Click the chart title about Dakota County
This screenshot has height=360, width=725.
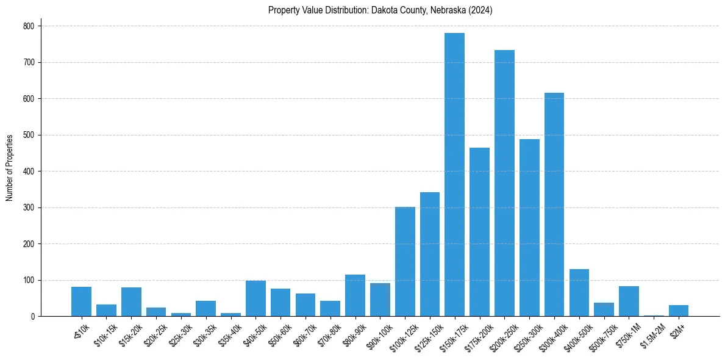point(380,10)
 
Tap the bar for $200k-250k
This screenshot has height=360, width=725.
point(504,183)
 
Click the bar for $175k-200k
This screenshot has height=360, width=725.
point(479,232)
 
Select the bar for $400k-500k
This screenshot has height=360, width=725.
point(579,293)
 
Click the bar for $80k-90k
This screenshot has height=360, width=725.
point(355,295)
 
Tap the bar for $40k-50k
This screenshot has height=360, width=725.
point(255,298)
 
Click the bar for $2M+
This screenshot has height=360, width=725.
point(679,311)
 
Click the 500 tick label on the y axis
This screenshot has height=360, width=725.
point(28,135)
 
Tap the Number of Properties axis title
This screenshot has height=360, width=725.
point(10,168)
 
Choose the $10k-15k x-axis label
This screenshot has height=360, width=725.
point(104,333)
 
